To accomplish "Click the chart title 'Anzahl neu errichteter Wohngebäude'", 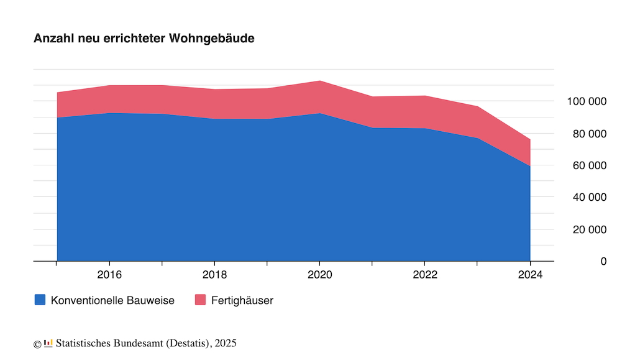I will [x=144, y=39].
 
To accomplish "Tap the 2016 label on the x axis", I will [x=109, y=274].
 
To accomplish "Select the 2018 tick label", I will [x=214, y=274].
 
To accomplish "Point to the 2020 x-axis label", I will [x=319, y=274].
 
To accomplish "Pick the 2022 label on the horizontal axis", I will [x=424, y=274].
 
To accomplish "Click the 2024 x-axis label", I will [x=530, y=274].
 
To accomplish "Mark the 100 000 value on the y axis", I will [x=587, y=101].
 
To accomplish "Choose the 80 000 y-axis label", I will [x=589, y=134].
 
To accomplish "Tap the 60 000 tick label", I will [x=589, y=165].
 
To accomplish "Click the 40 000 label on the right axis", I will [x=589, y=198].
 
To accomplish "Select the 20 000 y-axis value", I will [x=589, y=229].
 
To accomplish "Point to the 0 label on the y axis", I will [x=603, y=262].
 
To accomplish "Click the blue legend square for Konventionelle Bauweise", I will [x=40, y=300].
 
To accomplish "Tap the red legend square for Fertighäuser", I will [x=200, y=300].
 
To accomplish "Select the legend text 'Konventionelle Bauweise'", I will [x=112, y=300].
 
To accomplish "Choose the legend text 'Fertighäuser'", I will [x=242, y=300].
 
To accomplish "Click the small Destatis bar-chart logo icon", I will [x=48, y=343].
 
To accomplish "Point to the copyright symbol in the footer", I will [x=37, y=343].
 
